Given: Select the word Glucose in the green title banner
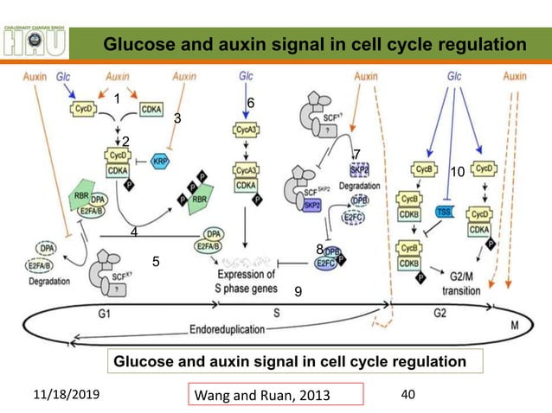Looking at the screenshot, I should (x=134, y=44).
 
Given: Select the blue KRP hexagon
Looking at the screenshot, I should (x=160, y=162).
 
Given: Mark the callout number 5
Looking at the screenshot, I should (x=157, y=260).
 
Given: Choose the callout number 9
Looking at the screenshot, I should (x=298, y=293).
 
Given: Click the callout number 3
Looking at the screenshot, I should (x=178, y=118).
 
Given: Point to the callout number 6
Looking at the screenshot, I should (x=250, y=103).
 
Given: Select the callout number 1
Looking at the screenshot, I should (x=116, y=98).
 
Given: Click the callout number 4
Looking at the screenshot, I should (x=133, y=232).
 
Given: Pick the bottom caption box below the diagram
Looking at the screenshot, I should (x=290, y=361).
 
